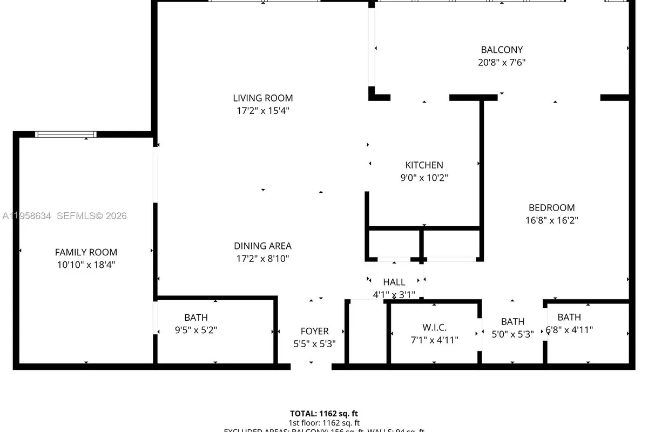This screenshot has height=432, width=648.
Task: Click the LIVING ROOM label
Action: (263, 98)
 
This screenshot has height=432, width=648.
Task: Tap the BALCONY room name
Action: (502, 50)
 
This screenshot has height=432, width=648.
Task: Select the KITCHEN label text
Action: (424, 165)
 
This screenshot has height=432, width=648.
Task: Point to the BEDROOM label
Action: (551, 207)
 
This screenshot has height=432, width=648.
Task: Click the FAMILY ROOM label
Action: (86, 252)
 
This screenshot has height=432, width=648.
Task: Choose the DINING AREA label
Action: (262, 246)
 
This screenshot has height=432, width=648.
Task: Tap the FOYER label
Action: (314, 331)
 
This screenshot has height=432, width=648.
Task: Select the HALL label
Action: (394, 282)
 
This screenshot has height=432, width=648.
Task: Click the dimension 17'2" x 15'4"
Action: (263, 111)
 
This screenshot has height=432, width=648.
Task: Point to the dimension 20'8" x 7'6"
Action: (502, 62)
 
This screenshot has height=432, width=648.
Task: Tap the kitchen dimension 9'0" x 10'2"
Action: (424, 178)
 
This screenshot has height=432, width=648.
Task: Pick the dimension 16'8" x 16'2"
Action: (551, 220)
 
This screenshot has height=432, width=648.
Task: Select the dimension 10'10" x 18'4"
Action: (86, 265)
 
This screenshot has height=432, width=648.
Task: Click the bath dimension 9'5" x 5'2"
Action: (195, 329)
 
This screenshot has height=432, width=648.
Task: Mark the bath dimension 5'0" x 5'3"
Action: (512, 334)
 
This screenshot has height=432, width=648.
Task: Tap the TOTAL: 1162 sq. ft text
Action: (323, 413)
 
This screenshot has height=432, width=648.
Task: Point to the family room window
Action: (66, 134)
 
